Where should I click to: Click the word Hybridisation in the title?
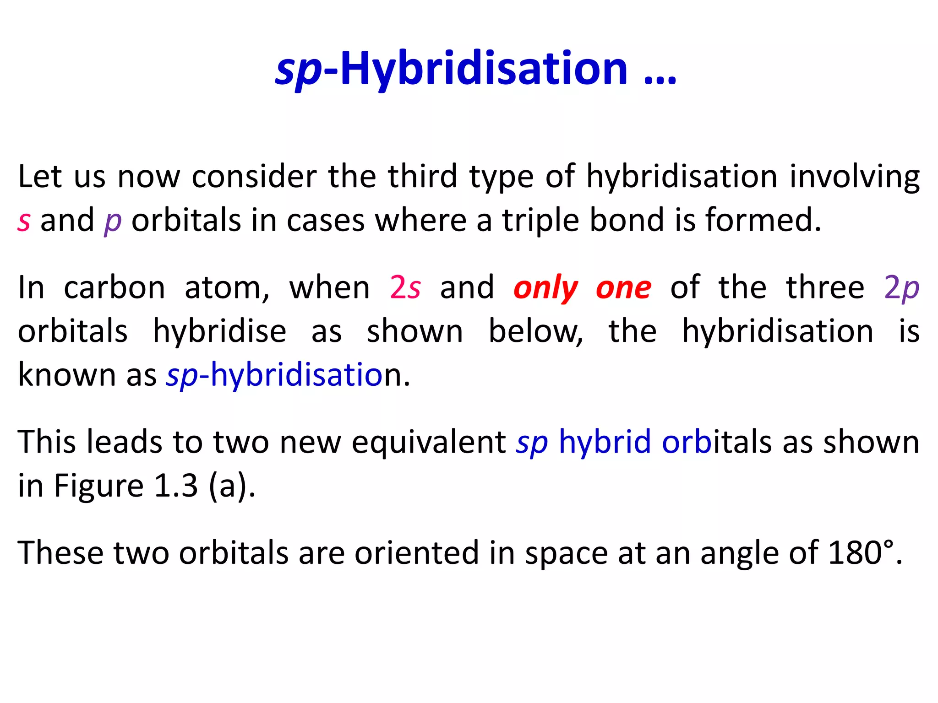484,69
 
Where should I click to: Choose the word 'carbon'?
114,288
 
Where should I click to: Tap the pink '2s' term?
405,288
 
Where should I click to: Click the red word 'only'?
545,289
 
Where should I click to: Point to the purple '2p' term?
901,288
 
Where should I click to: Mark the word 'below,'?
535,331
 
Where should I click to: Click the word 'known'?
66,375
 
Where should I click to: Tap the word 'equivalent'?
429,442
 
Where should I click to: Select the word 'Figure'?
99,486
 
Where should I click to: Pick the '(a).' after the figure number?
232,486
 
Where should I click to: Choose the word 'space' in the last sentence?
566,553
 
